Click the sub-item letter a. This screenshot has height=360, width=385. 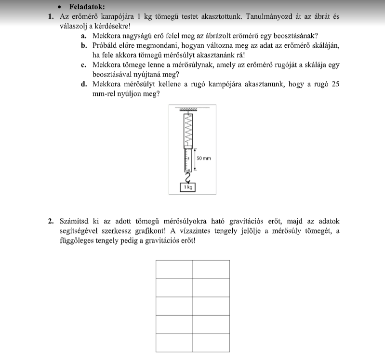click(x=84, y=36)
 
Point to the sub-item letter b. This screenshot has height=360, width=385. click(x=84, y=45)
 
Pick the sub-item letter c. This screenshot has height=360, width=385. click(x=84, y=65)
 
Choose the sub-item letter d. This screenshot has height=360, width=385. click(x=84, y=84)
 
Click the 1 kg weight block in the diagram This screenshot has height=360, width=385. click(x=187, y=187)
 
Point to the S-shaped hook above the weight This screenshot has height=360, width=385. click(x=187, y=176)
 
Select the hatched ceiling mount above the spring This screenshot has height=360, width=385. click(x=188, y=110)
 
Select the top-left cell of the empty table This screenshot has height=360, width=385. click(x=174, y=269)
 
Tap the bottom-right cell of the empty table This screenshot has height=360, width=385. click(x=212, y=343)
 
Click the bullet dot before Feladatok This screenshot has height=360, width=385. click(x=59, y=7)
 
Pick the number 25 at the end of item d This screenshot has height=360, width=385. click(x=335, y=84)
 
